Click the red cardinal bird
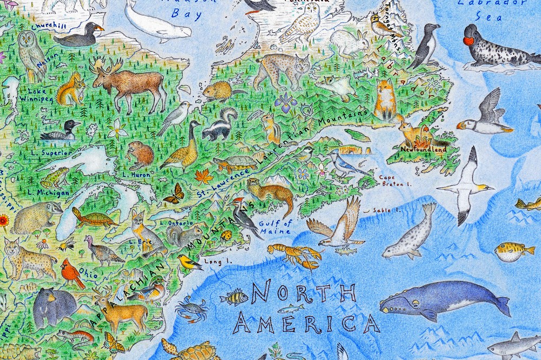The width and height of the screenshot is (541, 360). pyautogui.click(x=72, y=272)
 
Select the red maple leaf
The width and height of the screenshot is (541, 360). pyautogui.click(x=205, y=176)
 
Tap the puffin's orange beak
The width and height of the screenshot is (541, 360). pyautogui.click(x=461, y=125)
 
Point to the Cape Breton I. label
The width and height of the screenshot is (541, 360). pyautogui.click(x=391, y=180)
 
